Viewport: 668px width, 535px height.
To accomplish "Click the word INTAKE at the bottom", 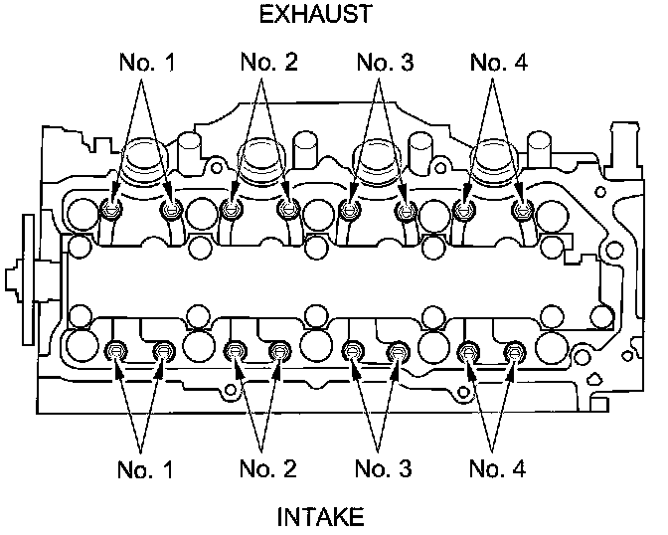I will click(321, 516).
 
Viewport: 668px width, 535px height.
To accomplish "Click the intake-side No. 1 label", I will click(142, 467).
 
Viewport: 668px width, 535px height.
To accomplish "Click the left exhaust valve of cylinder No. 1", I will click(112, 209).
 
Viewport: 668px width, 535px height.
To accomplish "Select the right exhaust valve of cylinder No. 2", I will click(289, 209).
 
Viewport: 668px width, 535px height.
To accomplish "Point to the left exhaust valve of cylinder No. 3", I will click(348, 209).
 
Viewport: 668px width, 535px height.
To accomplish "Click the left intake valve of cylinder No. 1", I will click(116, 350).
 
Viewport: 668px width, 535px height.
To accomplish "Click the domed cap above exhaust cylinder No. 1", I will click(144, 157).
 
